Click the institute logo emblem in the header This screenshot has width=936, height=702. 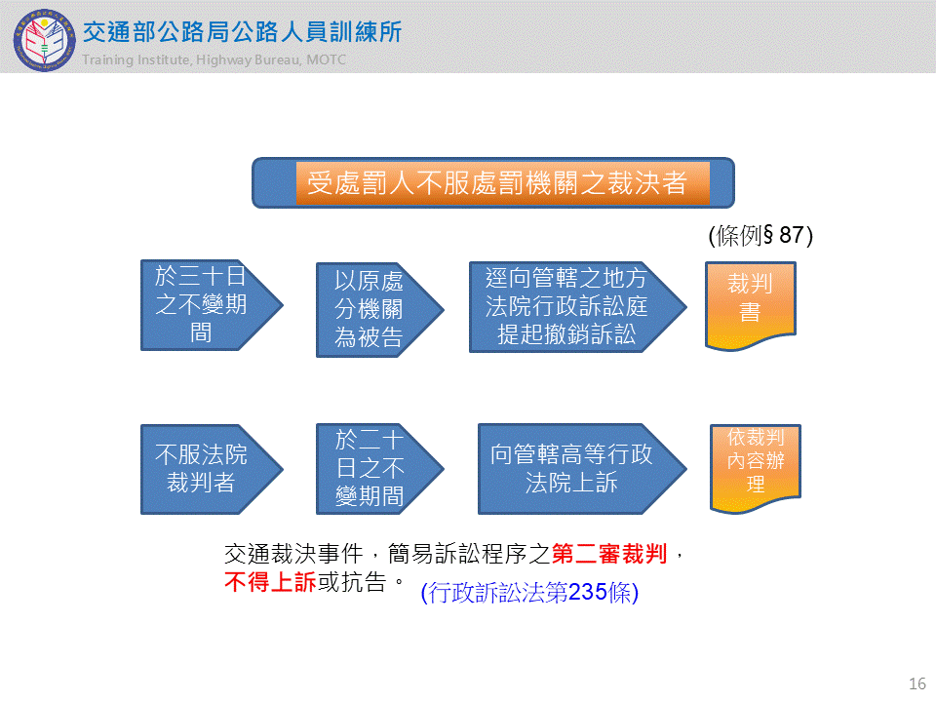tap(44, 39)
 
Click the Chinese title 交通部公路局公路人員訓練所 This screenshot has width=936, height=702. tap(242, 31)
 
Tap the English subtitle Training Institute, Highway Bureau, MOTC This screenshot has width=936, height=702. tap(214, 59)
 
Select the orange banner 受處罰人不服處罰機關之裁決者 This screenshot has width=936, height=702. tap(503, 182)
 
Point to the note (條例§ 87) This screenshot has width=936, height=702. tap(760, 235)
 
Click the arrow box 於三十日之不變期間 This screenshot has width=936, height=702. tap(211, 305)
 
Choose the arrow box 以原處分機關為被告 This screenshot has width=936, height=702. tap(379, 310)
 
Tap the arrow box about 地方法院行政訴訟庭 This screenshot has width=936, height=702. tap(577, 307)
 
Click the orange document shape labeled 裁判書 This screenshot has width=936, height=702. tap(751, 305)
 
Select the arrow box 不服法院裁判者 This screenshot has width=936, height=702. tap(211, 469)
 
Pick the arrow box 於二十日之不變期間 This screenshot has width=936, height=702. tap(379, 469)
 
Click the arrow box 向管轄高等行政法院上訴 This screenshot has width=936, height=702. tap(581, 469)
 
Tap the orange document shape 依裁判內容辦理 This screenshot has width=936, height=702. tap(755, 468)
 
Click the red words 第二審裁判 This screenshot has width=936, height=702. tap(608, 554)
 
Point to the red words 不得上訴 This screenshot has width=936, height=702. tap(270, 581)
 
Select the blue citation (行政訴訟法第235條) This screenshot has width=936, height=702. tap(529, 592)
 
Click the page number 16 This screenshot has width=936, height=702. tap(916, 683)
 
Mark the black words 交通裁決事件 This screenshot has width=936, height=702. tap(293, 554)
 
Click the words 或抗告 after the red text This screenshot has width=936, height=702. tap(352, 581)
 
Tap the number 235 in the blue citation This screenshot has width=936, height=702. tap(587, 592)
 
